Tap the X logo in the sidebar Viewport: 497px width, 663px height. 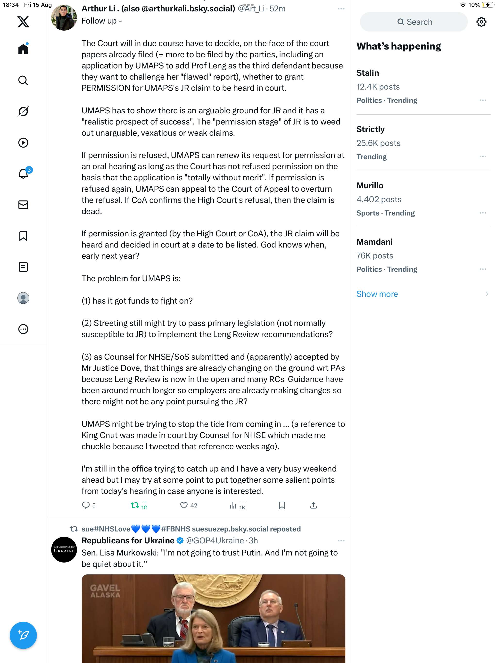(23, 22)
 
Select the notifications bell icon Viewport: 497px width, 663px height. (23, 174)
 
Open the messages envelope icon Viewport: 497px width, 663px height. (23, 205)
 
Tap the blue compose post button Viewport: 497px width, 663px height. (23, 635)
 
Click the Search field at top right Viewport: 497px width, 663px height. (414, 22)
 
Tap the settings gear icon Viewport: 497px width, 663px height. (481, 22)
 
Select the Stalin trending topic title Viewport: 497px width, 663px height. (367, 73)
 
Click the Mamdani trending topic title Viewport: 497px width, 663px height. (374, 241)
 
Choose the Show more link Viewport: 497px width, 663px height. (377, 294)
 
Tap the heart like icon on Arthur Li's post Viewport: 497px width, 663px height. (184, 505)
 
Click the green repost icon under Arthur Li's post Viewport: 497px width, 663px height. (135, 505)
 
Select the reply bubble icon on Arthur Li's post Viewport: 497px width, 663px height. (86, 505)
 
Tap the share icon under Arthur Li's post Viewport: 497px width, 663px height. (314, 505)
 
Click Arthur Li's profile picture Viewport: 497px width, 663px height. (64, 17)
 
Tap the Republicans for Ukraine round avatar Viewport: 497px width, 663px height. (64, 549)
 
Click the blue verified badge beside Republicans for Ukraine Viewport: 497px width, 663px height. (180, 540)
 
